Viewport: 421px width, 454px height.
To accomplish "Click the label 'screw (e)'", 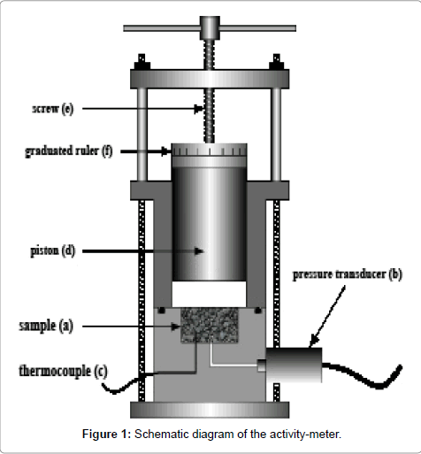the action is pyautogui.click(x=52, y=109).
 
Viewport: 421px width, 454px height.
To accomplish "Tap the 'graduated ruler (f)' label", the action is pyautogui.click(x=69, y=151).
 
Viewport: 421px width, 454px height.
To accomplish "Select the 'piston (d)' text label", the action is pyautogui.click(x=53, y=250).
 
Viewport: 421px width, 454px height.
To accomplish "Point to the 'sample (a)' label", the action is pyautogui.click(x=46, y=326).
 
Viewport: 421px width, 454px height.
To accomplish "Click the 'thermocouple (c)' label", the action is pyautogui.click(x=64, y=371).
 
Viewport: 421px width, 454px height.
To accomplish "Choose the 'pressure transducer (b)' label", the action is pyautogui.click(x=348, y=274).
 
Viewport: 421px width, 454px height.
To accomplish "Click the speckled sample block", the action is pyautogui.click(x=210, y=326).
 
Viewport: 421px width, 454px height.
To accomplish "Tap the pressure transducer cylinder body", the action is pyautogui.click(x=294, y=365).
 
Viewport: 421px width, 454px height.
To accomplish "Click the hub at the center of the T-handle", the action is pyautogui.click(x=210, y=27).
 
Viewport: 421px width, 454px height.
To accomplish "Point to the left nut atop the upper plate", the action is pyautogui.click(x=142, y=62).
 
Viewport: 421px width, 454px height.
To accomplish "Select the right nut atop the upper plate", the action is pyautogui.click(x=276, y=62).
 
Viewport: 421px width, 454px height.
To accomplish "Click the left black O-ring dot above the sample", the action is pyautogui.click(x=161, y=311).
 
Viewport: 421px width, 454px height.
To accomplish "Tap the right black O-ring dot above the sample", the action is pyautogui.click(x=258, y=311).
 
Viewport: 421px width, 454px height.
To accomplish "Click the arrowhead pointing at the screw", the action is pyautogui.click(x=199, y=109).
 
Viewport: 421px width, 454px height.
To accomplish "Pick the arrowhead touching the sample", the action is pyautogui.click(x=176, y=327).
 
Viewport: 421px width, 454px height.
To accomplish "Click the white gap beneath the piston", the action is pyautogui.click(x=209, y=294).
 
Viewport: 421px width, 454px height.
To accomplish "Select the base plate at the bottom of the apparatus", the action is pyautogui.click(x=210, y=410).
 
